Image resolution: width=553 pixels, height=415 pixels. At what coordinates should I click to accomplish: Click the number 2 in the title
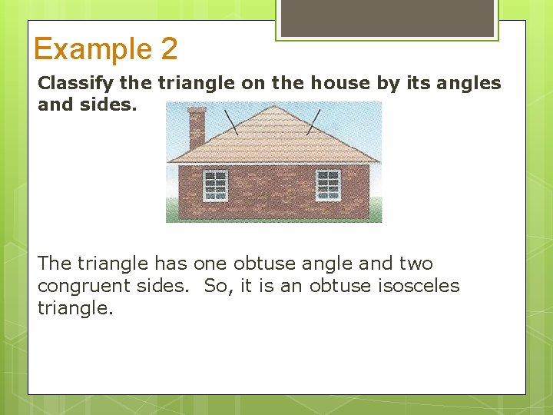point(169,49)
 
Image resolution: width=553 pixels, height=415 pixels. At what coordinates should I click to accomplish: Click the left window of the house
point(215,184)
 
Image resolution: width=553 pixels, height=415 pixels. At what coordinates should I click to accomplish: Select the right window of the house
point(328,184)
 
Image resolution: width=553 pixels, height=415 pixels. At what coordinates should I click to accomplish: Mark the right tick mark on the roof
point(313,121)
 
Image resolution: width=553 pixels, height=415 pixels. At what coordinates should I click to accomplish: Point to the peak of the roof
point(273,105)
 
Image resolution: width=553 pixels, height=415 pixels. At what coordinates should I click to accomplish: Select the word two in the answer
point(416,264)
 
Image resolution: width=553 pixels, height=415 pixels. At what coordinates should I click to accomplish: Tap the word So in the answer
point(217,286)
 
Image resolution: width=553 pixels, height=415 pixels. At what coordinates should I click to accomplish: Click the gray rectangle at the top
point(387,17)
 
